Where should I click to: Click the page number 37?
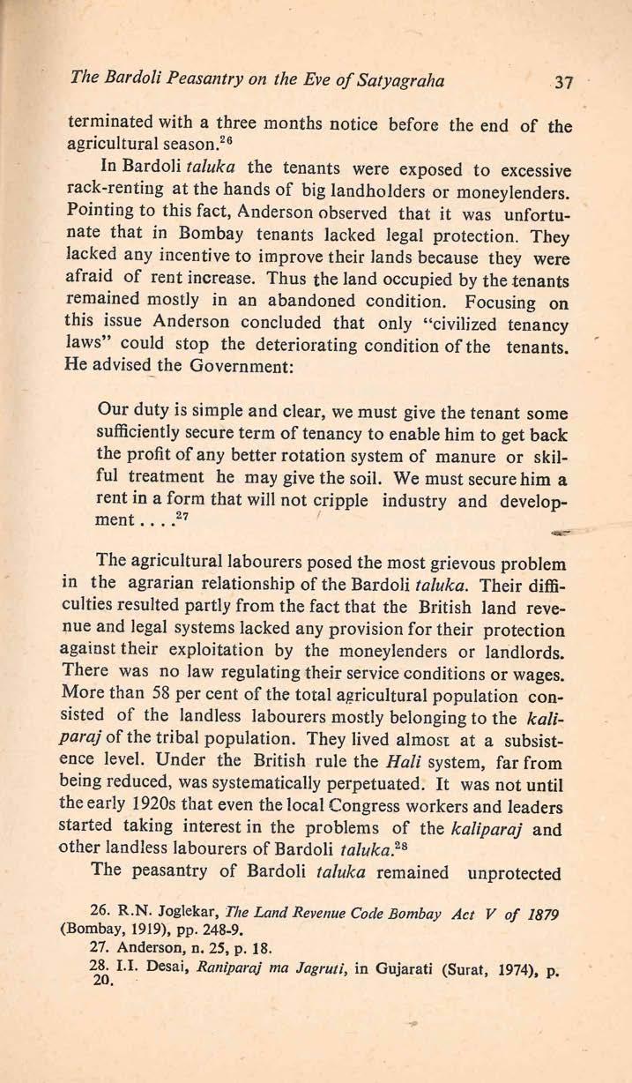click(x=561, y=85)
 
